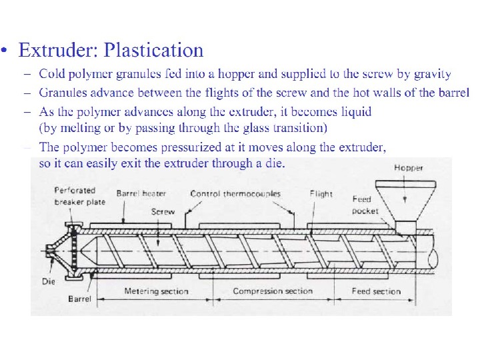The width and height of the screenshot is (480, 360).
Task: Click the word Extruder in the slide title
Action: tap(58, 50)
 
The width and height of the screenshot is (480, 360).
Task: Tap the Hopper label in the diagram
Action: tap(408, 167)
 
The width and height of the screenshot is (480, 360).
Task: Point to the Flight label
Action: tap(321, 194)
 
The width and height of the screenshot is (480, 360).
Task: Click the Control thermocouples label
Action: tap(235, 194)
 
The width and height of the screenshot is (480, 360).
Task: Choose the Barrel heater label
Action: tap(140, 194)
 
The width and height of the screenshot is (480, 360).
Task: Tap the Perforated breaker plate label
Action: tap(75, 196)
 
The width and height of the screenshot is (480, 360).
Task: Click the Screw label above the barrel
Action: tap(163, 211)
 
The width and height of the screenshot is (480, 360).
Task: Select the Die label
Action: tap(48, 281)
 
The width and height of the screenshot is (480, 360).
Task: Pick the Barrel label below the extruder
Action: tap(80, 299)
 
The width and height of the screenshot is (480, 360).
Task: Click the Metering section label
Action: tap(156, 291)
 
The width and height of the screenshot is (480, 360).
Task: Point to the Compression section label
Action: tap(272, 291)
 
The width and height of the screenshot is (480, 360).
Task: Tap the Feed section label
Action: tap(376, 291)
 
